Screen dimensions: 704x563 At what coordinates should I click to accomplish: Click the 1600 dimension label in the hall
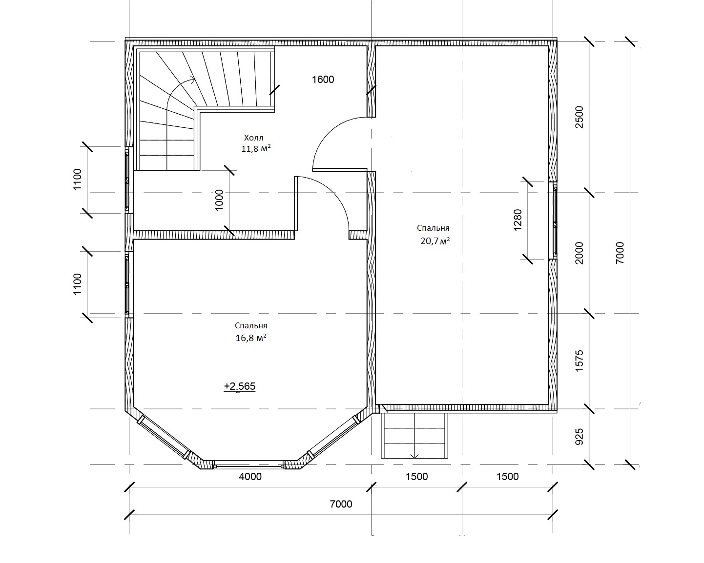pos(323,80)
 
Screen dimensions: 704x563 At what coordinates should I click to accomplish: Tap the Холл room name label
pos(253,138)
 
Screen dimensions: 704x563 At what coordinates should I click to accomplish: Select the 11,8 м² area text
pos(256,149)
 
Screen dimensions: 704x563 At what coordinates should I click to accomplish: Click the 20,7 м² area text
pos(435,241)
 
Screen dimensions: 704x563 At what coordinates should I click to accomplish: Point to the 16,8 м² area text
pos(250,338)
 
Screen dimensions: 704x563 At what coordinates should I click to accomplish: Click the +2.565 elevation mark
pos(239,386)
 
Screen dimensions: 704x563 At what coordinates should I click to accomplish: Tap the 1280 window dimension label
pos(518,220)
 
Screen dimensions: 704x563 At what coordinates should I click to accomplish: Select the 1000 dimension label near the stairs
pos(219,200)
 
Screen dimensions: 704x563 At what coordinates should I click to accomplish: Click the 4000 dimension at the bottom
pos(250,477)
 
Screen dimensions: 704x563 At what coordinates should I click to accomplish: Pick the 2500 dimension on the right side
pos(579,117)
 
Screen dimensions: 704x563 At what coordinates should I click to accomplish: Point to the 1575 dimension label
pos(579,361)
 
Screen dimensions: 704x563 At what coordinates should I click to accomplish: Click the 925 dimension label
pos(579,437)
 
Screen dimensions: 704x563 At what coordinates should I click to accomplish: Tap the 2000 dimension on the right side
pos(579,253)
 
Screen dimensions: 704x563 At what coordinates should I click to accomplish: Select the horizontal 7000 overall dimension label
pos(341,504)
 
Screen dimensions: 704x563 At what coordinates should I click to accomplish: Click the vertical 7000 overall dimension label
pos(620,253)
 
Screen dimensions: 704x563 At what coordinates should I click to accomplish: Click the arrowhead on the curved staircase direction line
pos(193,79)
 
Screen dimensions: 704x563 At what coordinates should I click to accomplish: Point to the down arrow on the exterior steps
pos(414,456)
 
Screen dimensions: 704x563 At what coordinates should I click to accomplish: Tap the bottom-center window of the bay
pos(248,464)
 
